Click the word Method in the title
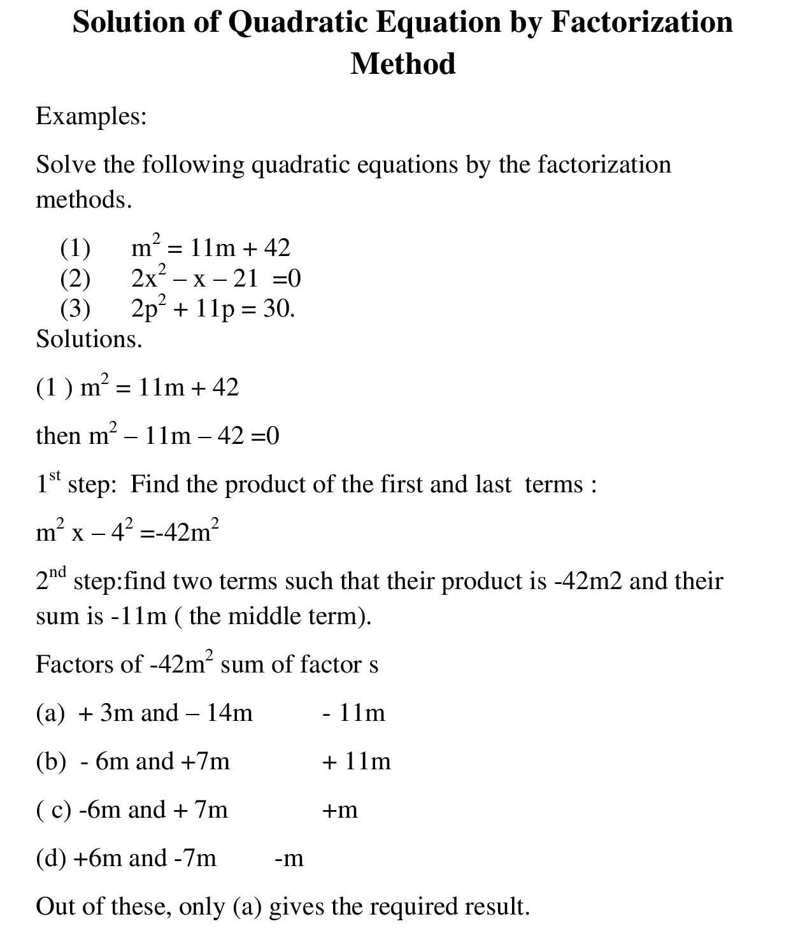402,64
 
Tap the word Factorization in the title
641,22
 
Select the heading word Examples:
91,116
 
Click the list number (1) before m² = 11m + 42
75,248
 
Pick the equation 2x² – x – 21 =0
215,278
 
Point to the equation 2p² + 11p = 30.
213,308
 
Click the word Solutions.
89,338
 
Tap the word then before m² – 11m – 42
58,436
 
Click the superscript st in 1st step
55,476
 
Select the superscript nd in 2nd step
58,571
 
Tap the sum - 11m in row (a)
353,713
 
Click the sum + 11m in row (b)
357,761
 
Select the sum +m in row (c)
340,810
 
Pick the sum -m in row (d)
289,858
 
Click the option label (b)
51,761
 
